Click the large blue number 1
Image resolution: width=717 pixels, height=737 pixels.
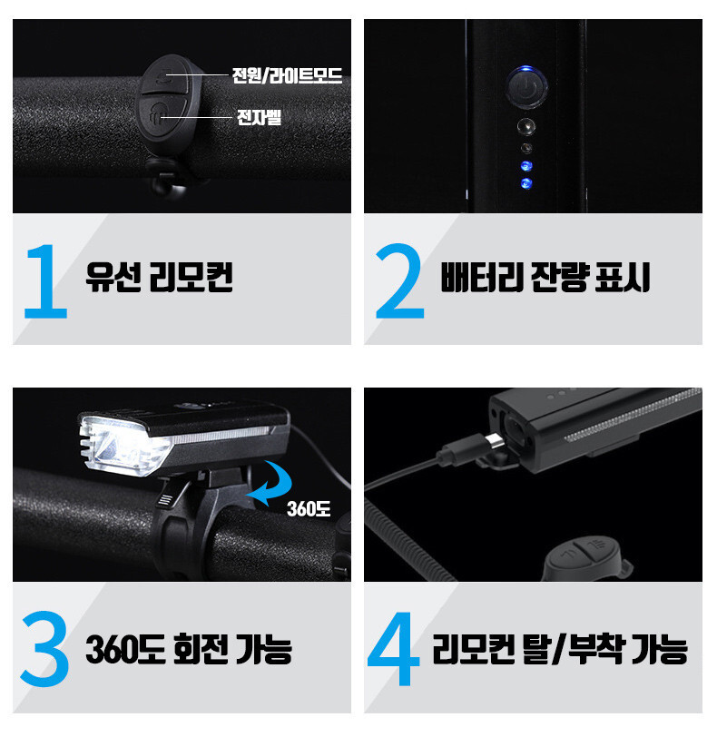point(47,281)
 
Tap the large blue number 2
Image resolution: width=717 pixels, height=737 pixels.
point(399,281)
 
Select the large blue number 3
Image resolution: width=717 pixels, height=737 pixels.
point(45,649)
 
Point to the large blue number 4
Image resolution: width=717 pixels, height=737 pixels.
point(394,649)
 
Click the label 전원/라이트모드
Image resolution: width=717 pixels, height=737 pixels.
point(287,75)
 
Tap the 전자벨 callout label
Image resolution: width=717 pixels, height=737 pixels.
point(259,117)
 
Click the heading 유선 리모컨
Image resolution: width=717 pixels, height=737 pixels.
point(159,277)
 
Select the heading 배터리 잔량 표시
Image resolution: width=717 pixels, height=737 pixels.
point(545,277)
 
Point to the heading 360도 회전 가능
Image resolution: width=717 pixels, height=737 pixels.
point(189,649)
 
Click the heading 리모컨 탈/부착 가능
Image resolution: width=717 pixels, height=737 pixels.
point(560,649)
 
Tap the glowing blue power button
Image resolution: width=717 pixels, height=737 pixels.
point(526,88)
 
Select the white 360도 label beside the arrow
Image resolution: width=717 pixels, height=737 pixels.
point(309,509)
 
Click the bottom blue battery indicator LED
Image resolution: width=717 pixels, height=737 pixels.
point(526,183)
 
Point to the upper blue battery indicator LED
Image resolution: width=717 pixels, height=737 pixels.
point(526,166)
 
